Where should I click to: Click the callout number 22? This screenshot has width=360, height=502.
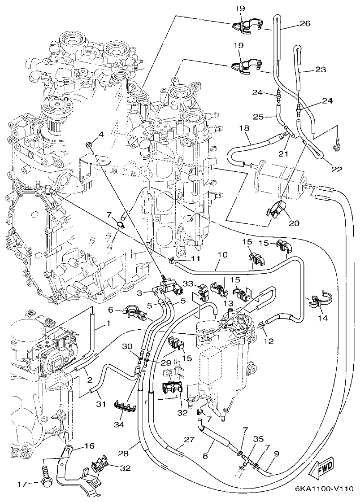click(x=336, y=169)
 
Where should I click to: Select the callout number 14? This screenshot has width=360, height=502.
click(x=323, y=318)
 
